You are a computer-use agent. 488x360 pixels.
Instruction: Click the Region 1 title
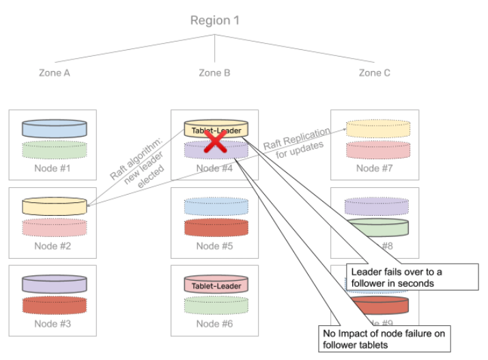click(215, 20)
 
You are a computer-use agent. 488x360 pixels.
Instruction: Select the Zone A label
click(55, 72)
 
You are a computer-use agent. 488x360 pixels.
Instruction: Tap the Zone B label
click(214, 72)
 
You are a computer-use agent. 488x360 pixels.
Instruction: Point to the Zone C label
click(375, 72)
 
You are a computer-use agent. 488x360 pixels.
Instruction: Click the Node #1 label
click(55, 168)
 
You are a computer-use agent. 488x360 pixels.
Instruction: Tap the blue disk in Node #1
click(55, 128)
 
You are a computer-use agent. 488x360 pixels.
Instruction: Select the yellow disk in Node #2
click(55, 205)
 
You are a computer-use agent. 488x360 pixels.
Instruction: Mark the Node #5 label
click(215, 246)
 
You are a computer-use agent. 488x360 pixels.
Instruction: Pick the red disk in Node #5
click(215, 227)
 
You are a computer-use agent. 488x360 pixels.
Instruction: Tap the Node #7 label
click(375, 168)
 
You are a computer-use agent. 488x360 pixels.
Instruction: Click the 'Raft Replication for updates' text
click(298, 142)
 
